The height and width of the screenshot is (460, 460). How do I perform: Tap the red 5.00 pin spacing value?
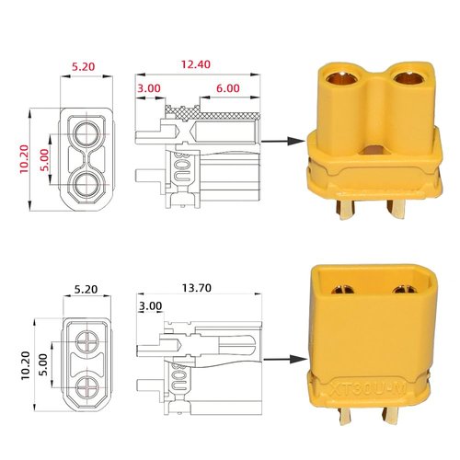click(x=45, y=161)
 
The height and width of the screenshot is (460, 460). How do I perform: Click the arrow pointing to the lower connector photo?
click(x=283, y=361)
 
